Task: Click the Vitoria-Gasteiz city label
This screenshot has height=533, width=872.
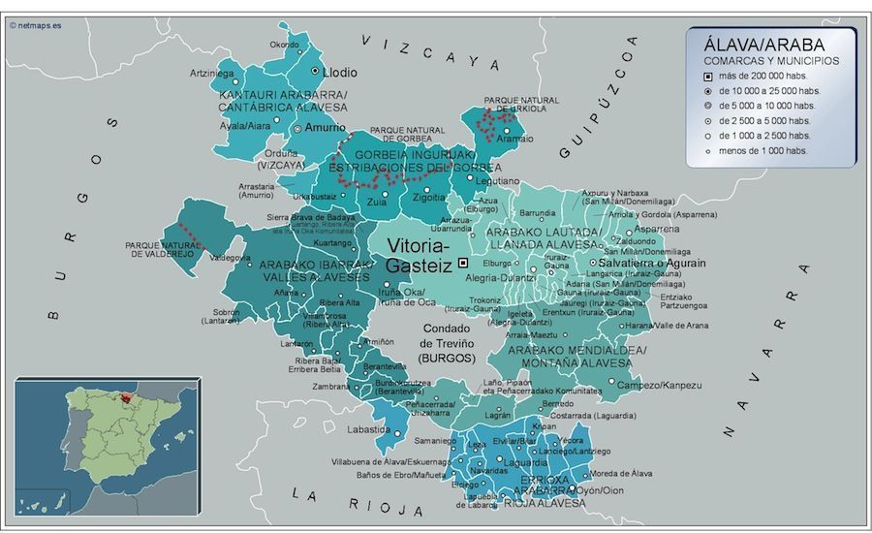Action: [420, 255]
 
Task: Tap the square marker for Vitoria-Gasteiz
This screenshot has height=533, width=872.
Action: [463, 263]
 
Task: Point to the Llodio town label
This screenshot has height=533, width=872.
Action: [339, 73]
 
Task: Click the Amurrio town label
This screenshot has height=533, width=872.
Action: [325, 127]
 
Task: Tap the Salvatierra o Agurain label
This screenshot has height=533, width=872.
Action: [652, 263]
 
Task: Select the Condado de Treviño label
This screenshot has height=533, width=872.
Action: [448, 342]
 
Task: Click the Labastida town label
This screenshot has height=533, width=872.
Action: [370, 429]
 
